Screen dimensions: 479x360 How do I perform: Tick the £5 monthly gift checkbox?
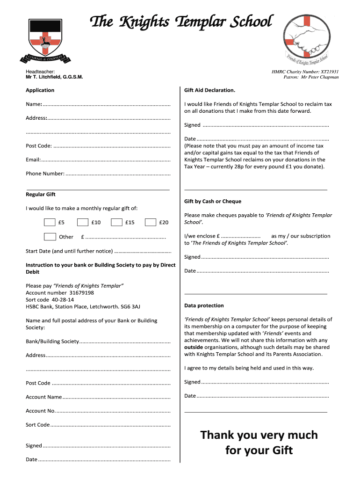tap(50, 223)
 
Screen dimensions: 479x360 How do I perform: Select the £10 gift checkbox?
tap(83, 223)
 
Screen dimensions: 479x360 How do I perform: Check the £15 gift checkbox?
tap(117, 223)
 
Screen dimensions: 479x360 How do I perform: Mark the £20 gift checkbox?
tap(151, 223)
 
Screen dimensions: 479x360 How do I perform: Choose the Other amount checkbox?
tap(50, 237)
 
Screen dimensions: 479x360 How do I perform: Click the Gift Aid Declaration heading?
tap(209, 90)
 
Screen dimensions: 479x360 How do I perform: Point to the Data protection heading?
tap(204, 305)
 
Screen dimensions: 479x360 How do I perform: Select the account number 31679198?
tap(78, 293)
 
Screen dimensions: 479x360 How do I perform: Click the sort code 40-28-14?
tap(63, 300)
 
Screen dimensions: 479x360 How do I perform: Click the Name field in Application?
tap(107, 105)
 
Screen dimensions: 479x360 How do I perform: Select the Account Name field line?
tap(116, 398)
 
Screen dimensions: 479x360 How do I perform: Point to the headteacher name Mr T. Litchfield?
tap(54, 77)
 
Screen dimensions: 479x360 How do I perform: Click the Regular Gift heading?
tap(41, 195)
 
